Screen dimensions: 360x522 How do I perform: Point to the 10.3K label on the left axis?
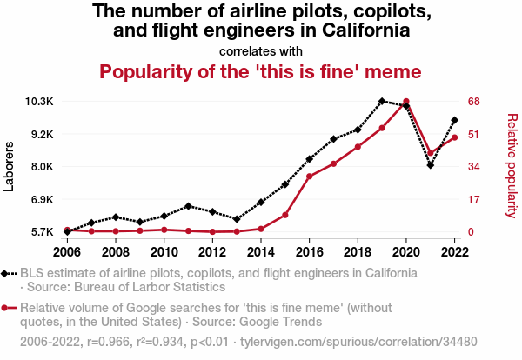point(39,102)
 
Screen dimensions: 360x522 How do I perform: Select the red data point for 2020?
point(406,102)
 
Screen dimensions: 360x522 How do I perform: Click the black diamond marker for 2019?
point(382,102)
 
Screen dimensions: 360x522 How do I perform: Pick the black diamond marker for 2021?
point(431,165)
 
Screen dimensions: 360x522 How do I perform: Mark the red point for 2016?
point(310,177)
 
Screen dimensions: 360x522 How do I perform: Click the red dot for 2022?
point(455,137)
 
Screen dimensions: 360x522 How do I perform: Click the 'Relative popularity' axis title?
point(512,165)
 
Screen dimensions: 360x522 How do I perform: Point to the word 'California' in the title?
point(362,31)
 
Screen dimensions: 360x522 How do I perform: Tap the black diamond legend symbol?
point(7,273)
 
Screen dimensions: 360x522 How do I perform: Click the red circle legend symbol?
point(7,308)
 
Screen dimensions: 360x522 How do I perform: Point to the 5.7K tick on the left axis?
point(39,232)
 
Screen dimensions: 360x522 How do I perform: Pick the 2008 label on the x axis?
point(116,252)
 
